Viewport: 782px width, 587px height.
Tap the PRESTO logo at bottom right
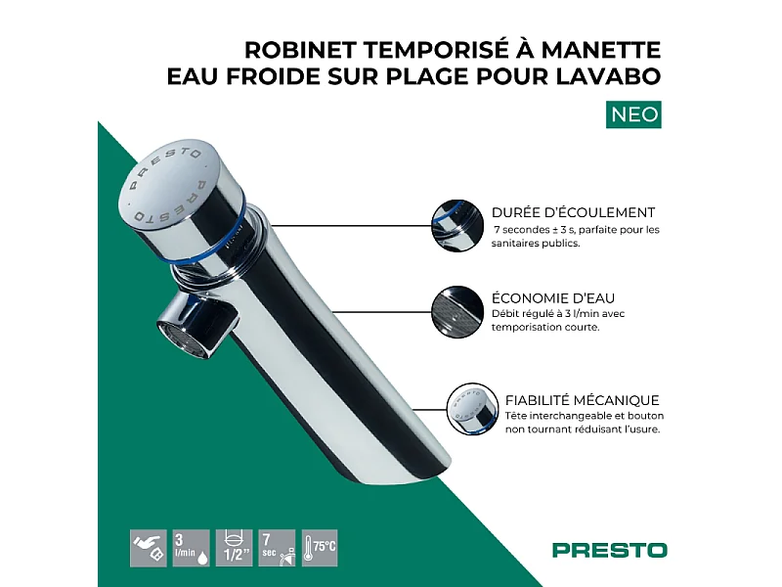[609, 550]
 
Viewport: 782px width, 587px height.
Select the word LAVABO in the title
[622, 76]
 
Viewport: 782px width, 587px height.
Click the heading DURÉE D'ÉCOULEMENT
[574, 211]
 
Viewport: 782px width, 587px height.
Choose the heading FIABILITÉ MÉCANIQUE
[582, 399]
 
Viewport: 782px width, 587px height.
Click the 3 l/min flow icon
[191, 548]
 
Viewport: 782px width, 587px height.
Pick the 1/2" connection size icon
[234, 548]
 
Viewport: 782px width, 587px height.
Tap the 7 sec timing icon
[277, 548]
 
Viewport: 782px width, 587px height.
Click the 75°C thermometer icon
[320, 548]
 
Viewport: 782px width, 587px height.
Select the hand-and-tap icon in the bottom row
[148, 548]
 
